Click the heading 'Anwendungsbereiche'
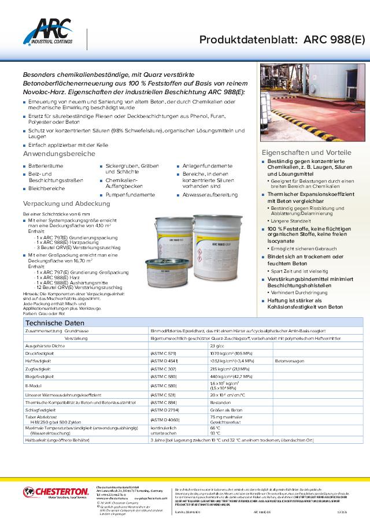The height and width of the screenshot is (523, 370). pos(59,154)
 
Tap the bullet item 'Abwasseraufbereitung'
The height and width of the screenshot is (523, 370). pos(209,195)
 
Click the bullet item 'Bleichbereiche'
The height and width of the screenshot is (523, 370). pos(47,188)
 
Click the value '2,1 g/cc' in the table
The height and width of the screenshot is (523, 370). pos(217,344)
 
